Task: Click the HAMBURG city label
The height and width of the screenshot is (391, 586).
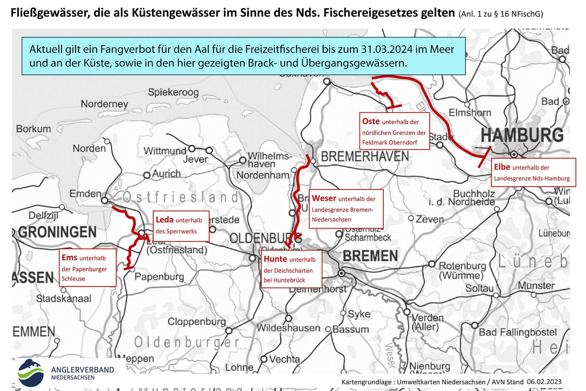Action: [x=522, y=135]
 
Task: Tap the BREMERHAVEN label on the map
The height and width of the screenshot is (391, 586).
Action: [x=365, y=157]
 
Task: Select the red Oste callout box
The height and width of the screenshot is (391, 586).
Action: [x=394, y=131]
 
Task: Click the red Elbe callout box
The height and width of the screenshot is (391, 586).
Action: [x=533, y=172]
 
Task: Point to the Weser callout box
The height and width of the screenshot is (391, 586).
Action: [x=346, y=208]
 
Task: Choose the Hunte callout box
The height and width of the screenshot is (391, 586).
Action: [x=291, y=269]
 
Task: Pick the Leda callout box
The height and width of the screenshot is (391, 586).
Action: [x=181, y=226]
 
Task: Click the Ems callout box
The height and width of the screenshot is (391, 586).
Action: [x=87, y=268]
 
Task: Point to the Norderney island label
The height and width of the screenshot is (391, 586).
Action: [x=104, y=104]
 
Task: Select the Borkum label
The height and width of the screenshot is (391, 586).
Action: [x=34, y=129]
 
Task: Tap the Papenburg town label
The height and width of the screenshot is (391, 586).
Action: [x=159, y=277]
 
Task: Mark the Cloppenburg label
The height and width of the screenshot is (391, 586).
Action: [x=197, y=321]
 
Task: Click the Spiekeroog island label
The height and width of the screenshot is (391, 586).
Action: [x=173, y=92]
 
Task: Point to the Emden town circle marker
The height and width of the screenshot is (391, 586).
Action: [x=105, y=200]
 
